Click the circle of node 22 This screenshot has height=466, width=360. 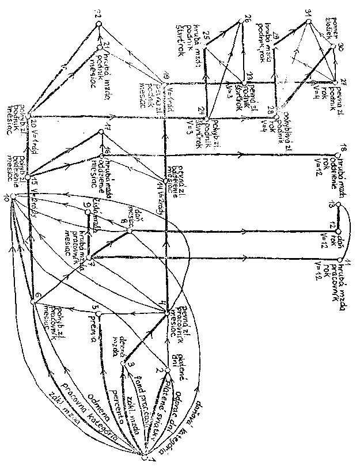point(98,23)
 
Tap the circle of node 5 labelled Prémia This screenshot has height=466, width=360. point(99,313)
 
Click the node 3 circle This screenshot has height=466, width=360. point(123,364)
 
